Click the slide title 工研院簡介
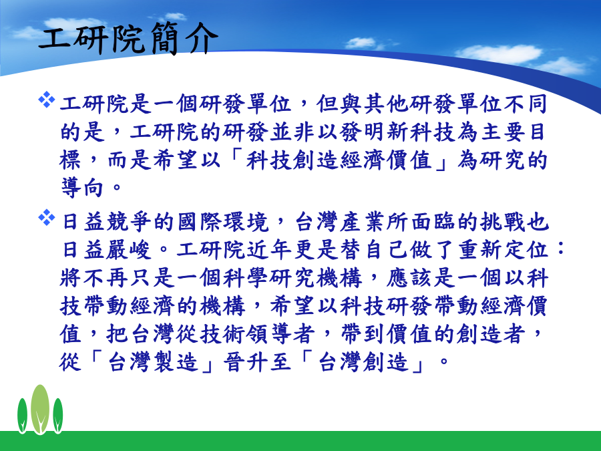pos(128,38)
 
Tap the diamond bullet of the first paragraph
pos(46,100)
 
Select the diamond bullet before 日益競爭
pos(46,217)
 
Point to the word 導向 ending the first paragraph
pos(82,188)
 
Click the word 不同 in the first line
pos(524,104)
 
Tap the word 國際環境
pos(223,222)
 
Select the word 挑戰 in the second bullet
pos(502,222)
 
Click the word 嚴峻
pos(129,250)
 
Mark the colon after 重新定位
pos(560,250)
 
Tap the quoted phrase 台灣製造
pos(154,362)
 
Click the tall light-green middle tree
pos(40,409)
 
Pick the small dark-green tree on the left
pos(22,416)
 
